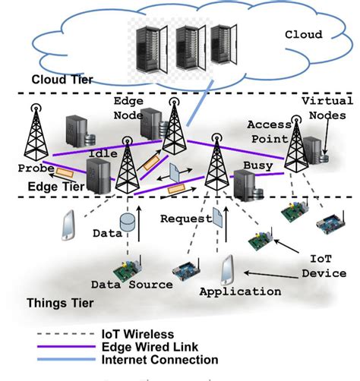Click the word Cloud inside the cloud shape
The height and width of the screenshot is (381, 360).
(x=303, y=34)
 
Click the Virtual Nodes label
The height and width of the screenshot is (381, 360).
(x=327, y=108)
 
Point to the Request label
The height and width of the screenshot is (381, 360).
(x=184, y=219)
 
